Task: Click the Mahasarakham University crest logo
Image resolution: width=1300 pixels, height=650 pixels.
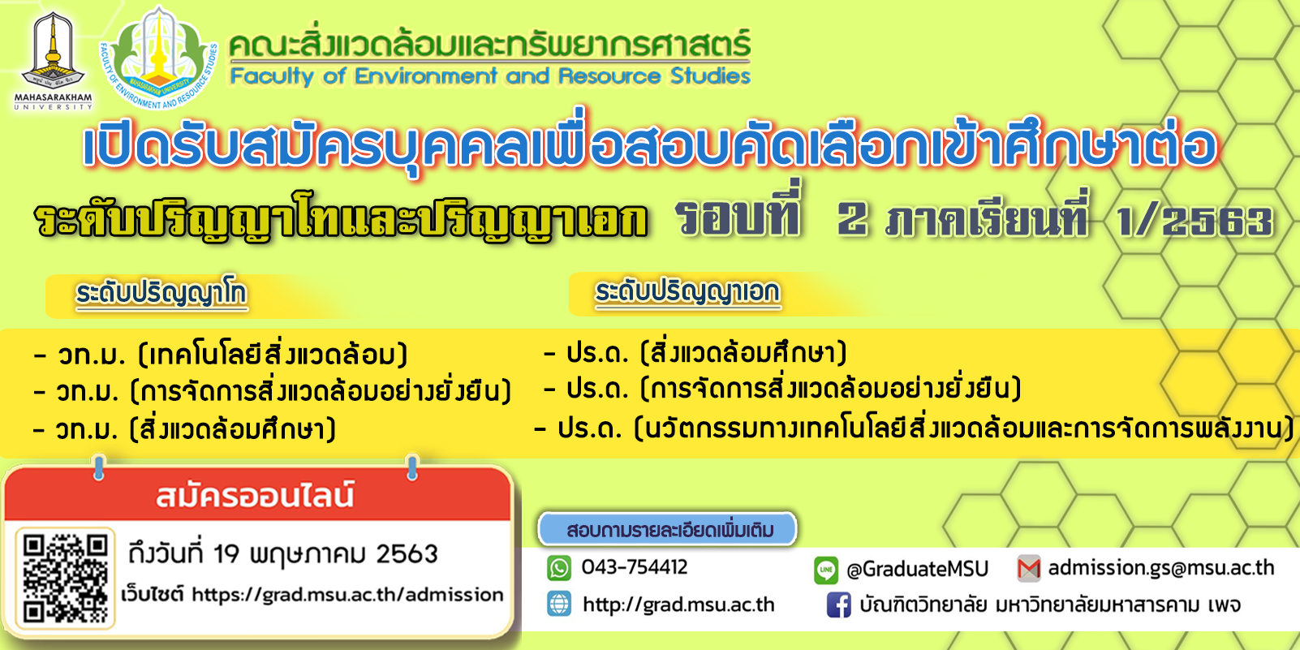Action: (53, 60)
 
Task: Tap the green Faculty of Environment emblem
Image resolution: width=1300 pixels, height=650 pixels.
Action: (159, 58)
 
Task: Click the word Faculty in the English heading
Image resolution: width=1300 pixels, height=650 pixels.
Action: (272, 76)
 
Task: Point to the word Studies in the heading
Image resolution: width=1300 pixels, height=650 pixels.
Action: (710, 75)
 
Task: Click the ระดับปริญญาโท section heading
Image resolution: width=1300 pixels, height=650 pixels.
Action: (161, 294)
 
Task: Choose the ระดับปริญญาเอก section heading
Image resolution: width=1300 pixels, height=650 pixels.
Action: (687, 291)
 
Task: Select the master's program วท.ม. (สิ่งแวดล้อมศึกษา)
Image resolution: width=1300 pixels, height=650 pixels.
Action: (184, 429)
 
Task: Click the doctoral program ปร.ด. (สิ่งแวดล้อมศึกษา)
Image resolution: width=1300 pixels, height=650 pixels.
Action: (695, 353)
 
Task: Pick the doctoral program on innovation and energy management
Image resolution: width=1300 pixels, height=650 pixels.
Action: (914, 428)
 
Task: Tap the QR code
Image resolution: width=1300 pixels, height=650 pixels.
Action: (66, 578)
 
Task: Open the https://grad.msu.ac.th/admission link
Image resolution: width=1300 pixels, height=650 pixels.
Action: (347, 595)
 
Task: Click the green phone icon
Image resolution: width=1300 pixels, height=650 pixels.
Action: (559, 567)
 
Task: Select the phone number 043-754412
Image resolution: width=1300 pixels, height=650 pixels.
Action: (635, 567)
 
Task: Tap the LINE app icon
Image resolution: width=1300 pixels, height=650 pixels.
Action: (826, 570)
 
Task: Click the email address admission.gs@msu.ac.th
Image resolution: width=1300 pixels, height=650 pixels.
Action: (1161, 567)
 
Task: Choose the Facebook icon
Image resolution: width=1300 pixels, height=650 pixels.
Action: (838, 605)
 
